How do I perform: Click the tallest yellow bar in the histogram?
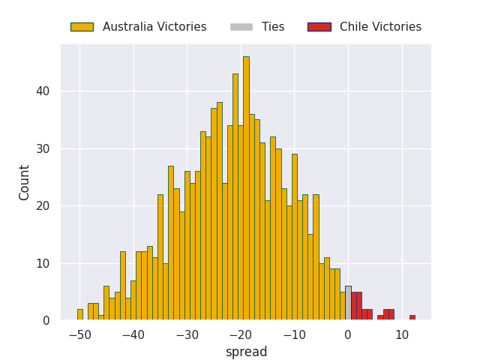coord(246,188)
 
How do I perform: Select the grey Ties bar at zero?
coord(348,303)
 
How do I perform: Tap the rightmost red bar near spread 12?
coord(412,317)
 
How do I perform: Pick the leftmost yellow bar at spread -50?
coord(80,315)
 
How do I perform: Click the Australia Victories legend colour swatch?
coord(82,27)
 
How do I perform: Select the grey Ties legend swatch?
coord(241,27)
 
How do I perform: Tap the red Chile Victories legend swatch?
coord(319,27)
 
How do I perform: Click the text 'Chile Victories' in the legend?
coord(380,27)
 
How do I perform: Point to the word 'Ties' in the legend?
coord(273,27)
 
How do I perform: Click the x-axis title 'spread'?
coord(247,352)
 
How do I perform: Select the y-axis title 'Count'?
coord(23,183)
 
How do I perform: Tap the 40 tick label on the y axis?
coord(43,91)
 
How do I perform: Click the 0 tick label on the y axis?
coord(46,320)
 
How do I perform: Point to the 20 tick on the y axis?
coord(43,206)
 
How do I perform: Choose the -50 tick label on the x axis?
coord(80,335)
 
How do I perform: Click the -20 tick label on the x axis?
coord(241,335)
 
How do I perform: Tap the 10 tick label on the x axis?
coord(402,335)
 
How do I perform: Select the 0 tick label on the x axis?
coord(348,335)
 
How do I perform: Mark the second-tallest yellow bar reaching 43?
coord(235,196)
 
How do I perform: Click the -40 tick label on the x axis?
coord(133,335)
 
